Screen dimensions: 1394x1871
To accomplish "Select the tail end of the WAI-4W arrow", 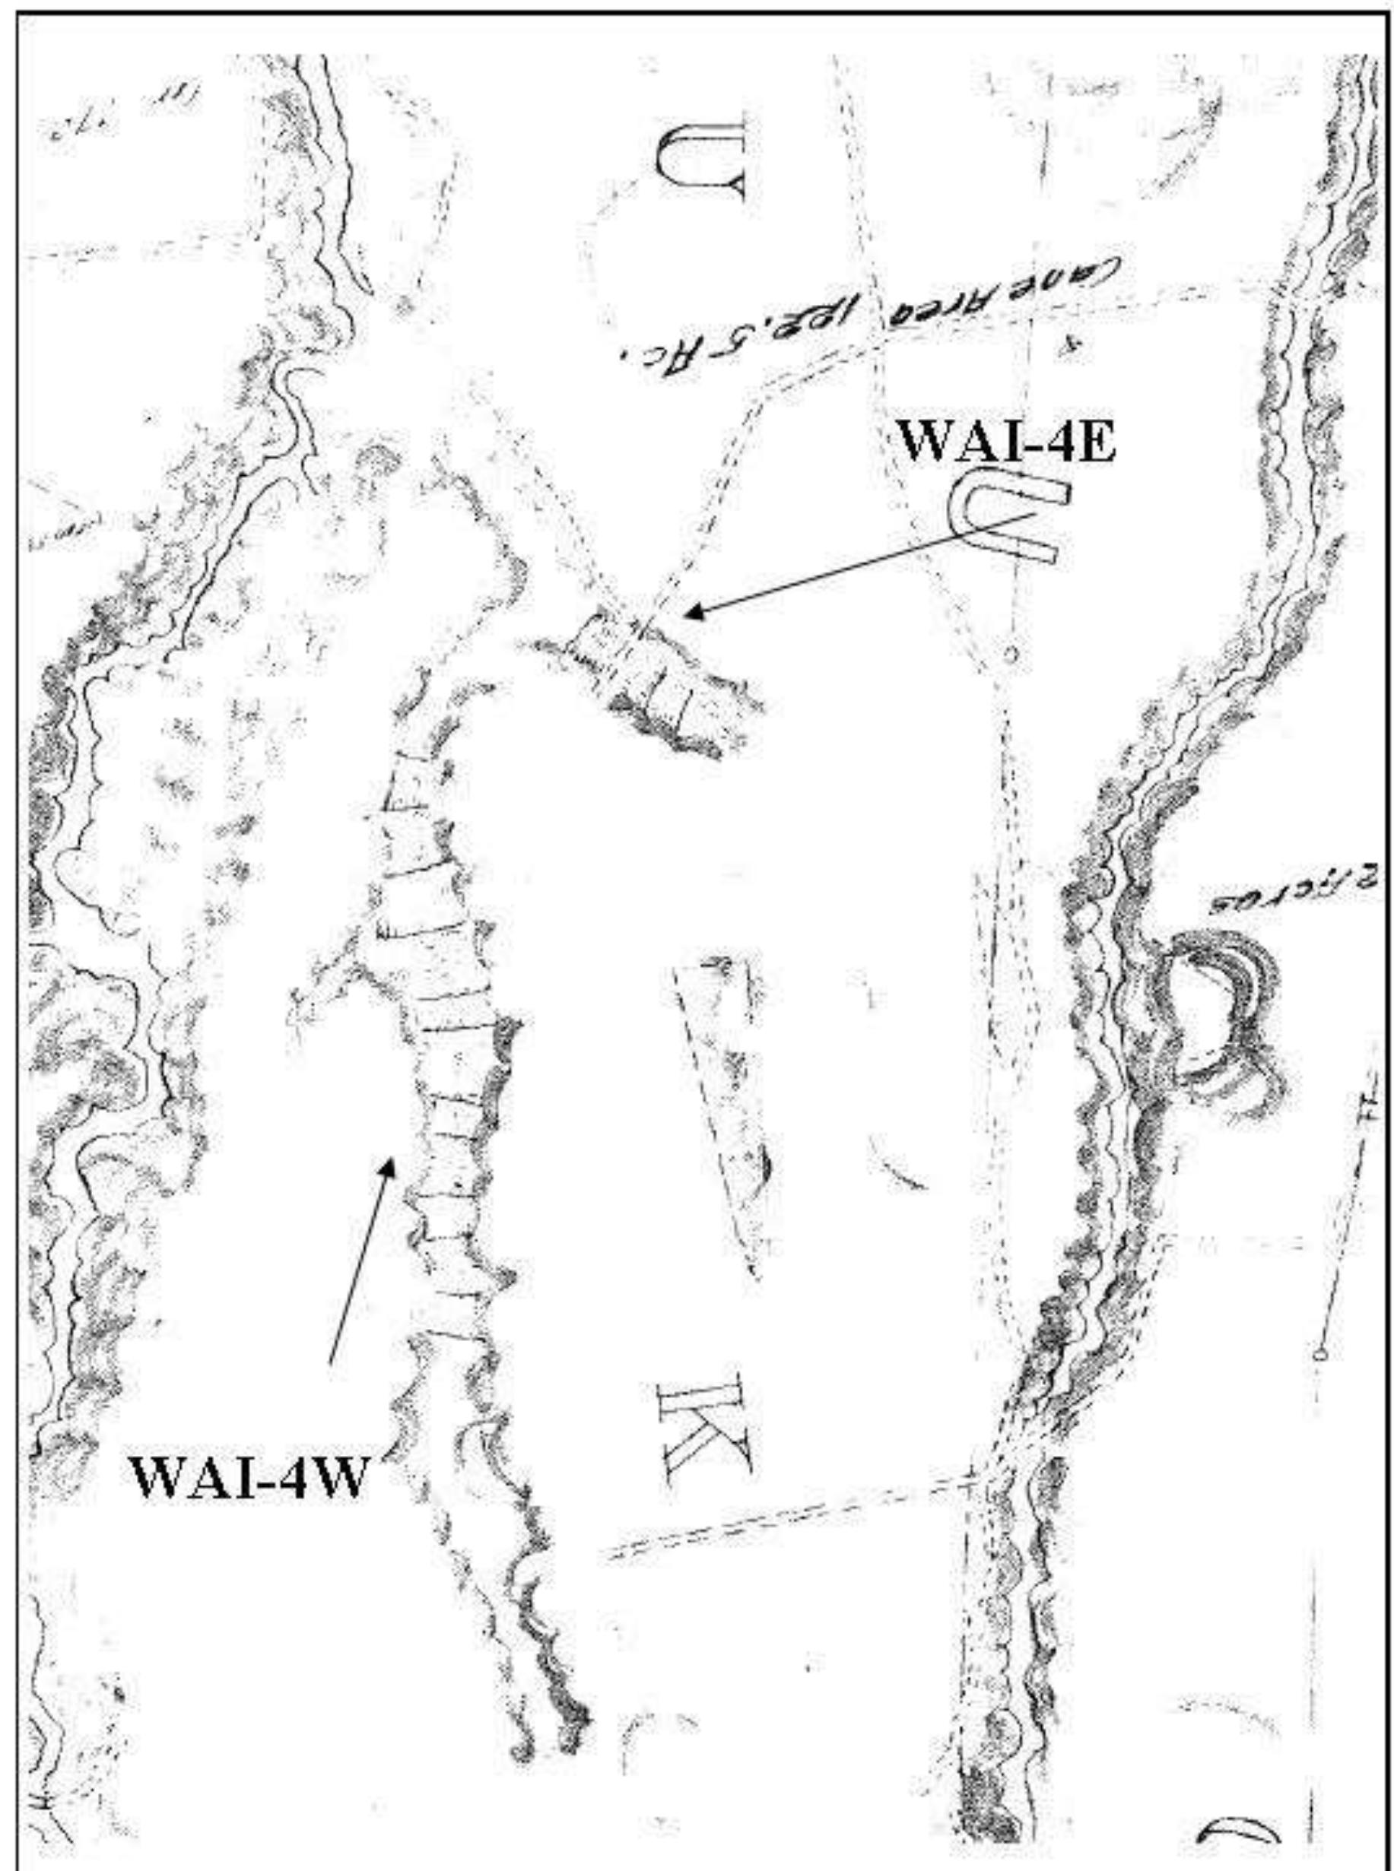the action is pyautogui.click(x=330, y=1361).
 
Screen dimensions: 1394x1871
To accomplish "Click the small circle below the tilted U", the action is pyautogui.click(x=1011, y=654).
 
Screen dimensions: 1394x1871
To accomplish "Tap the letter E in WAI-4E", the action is pyautogui.click(x=1093, y=442).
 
